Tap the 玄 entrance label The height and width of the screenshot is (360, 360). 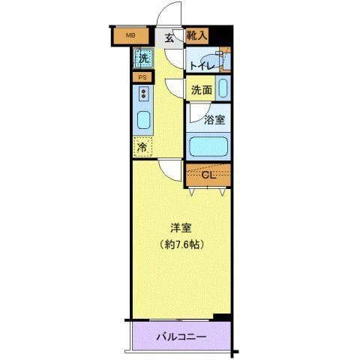(x=169, y=37)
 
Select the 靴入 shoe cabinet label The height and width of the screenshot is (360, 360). (x=197, y=35)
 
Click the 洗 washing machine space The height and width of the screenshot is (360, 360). (x=143, y=57)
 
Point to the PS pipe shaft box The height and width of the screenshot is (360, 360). (x=142, y=76)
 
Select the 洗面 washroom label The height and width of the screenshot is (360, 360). (x=201, y=89)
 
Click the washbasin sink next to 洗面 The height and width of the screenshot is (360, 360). (x=223, y=87)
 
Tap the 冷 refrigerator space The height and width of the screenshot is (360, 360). (x=142, y=147)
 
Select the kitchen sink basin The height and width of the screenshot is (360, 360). (x=142, y=120)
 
